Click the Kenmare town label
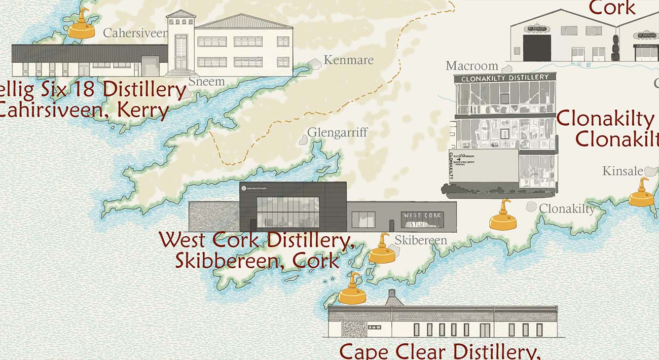pyautogui.click(x=348, y=60)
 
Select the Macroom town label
pyautogui.click(x=472, y=66)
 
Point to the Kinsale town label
pyautogui.click(x=623, y=171)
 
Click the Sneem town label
pyautogui.click(x=206, y=81)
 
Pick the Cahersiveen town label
pyautogui.click(x=135, y=33)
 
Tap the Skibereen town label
pyautogui.click(x=421, y=240)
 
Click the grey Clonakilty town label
pyautogui.click(x=567, y=208)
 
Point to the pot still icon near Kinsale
pyautogui.click(x=642, y=193)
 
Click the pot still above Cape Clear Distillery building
pyautogui.click(x=352, y=290)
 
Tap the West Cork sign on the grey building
pyautogui.click(x=422, y=216)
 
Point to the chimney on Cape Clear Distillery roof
pyautogui.click(x=391, y=297)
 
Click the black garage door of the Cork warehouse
pyautogui.click(x=537, y=48)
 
